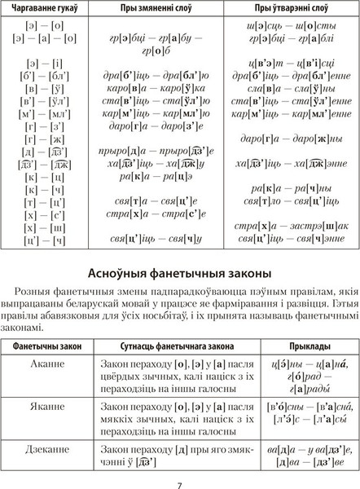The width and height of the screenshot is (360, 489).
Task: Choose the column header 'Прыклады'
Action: (x=309, y=347)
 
